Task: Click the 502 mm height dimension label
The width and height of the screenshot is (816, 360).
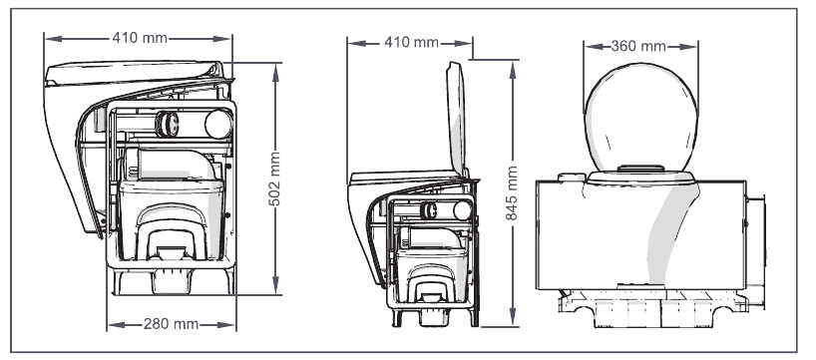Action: tap(274, 179)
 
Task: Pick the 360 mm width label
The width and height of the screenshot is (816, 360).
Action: tap(639, 46)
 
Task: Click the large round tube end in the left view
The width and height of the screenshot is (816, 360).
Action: tap(215, 124)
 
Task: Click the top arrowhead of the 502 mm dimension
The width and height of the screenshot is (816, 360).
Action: tap(274, 62)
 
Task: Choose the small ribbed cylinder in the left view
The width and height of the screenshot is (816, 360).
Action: tap(168, 124)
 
